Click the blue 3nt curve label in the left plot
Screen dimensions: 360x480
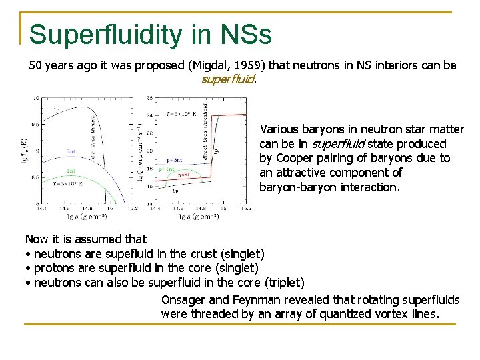[70, 151]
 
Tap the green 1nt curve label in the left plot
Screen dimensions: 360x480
[70, 170]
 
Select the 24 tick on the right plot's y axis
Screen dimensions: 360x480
[150, 114]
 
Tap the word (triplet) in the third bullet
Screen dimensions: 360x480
[285, 283]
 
